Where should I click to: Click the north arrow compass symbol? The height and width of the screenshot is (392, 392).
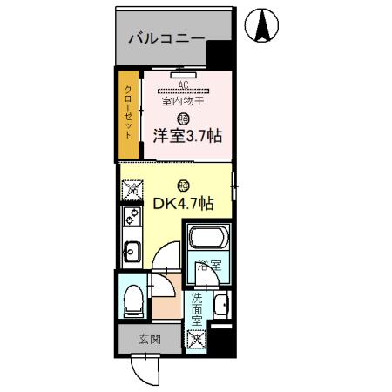262,24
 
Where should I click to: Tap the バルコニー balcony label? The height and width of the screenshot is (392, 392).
166,38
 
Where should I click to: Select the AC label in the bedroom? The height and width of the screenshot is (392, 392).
183,85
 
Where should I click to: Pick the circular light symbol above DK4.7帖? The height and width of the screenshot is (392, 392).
181,185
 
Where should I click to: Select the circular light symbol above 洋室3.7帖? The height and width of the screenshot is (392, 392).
182,118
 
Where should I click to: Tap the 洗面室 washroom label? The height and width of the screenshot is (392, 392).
197,308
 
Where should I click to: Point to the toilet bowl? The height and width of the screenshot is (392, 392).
133,301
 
